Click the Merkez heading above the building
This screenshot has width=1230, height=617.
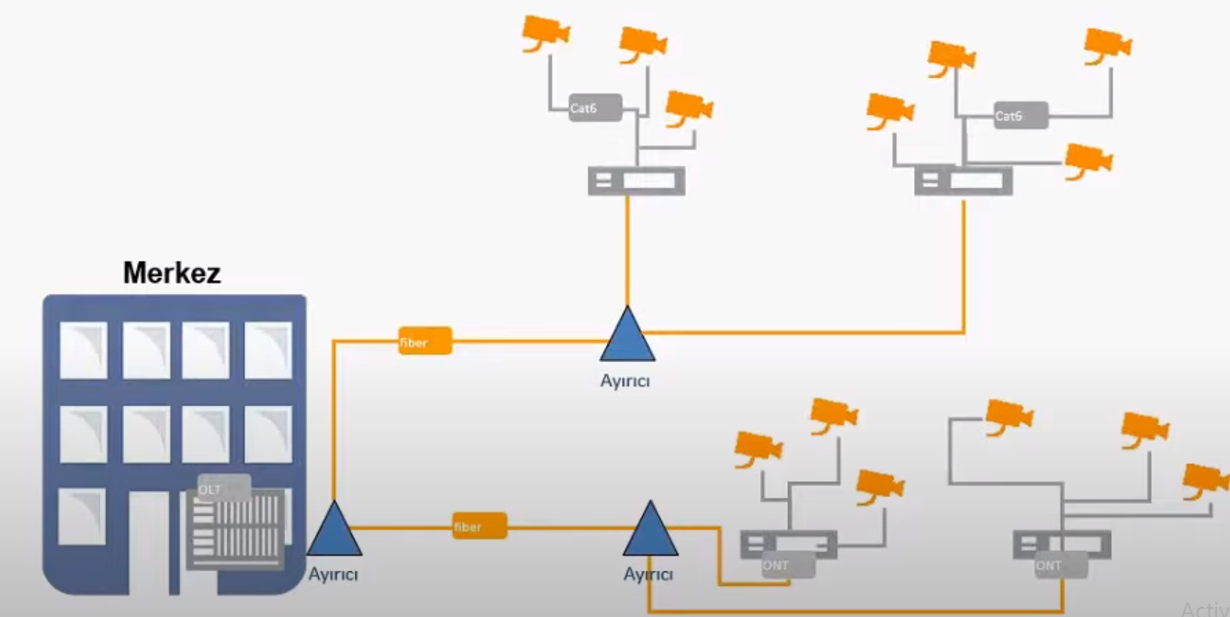172,273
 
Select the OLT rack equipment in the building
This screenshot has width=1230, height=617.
236,530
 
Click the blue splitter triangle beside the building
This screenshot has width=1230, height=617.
333,531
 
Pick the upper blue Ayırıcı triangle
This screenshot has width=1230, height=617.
627,336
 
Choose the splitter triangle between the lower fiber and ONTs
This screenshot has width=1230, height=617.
650,531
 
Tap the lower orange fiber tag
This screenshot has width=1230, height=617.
479,526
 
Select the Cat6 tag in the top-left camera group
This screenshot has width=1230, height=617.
594,107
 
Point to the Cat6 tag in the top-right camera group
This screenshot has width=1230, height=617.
1021,116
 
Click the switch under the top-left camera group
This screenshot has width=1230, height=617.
636,181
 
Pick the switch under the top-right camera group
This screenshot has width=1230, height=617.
964,181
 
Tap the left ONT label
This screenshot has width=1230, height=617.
787,565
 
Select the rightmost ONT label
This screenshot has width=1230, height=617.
1060,566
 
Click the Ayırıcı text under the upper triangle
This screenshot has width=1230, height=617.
625,379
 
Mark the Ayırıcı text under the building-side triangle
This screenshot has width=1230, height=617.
332,575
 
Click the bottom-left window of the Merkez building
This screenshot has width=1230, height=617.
82,516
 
